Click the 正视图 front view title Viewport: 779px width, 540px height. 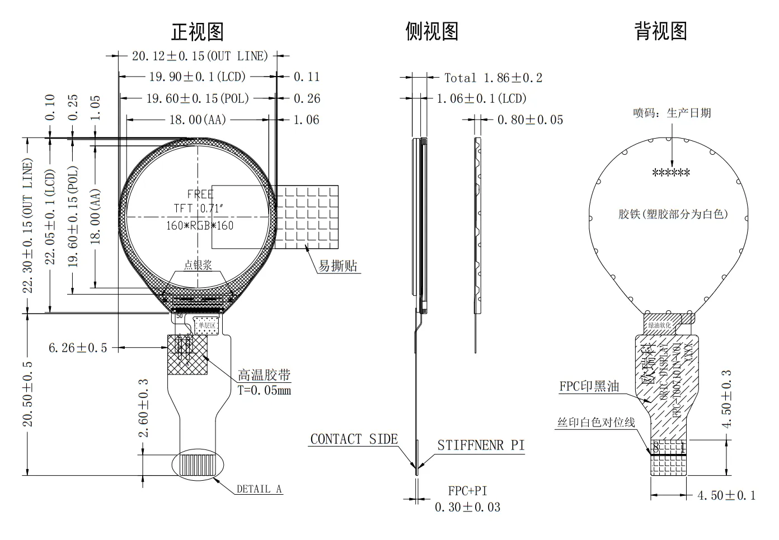point(198,31)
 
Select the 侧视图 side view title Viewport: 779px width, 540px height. point(431,31)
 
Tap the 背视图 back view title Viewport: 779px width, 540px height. point(660,31)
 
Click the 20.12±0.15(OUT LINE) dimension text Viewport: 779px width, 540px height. point(200,56)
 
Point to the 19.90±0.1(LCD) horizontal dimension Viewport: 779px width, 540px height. point(197,77)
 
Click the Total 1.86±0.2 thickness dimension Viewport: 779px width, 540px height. point(493,78)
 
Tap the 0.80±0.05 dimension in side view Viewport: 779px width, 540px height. point(530,120)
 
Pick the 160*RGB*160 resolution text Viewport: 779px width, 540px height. point(200,226)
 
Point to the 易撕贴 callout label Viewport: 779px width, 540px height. point(337,266)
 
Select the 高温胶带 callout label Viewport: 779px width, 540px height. point(264,375)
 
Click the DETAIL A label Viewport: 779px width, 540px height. point(259,489)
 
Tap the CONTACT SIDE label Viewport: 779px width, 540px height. point(354,439)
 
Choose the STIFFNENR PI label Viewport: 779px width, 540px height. point(481,446)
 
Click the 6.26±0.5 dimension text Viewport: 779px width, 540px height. point(78,348)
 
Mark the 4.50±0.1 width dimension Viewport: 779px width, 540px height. point(726,495)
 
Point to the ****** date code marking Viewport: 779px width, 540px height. point(671,173)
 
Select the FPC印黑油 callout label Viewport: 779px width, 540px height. point(589,386)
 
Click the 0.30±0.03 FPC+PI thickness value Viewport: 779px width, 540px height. point(467,508)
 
